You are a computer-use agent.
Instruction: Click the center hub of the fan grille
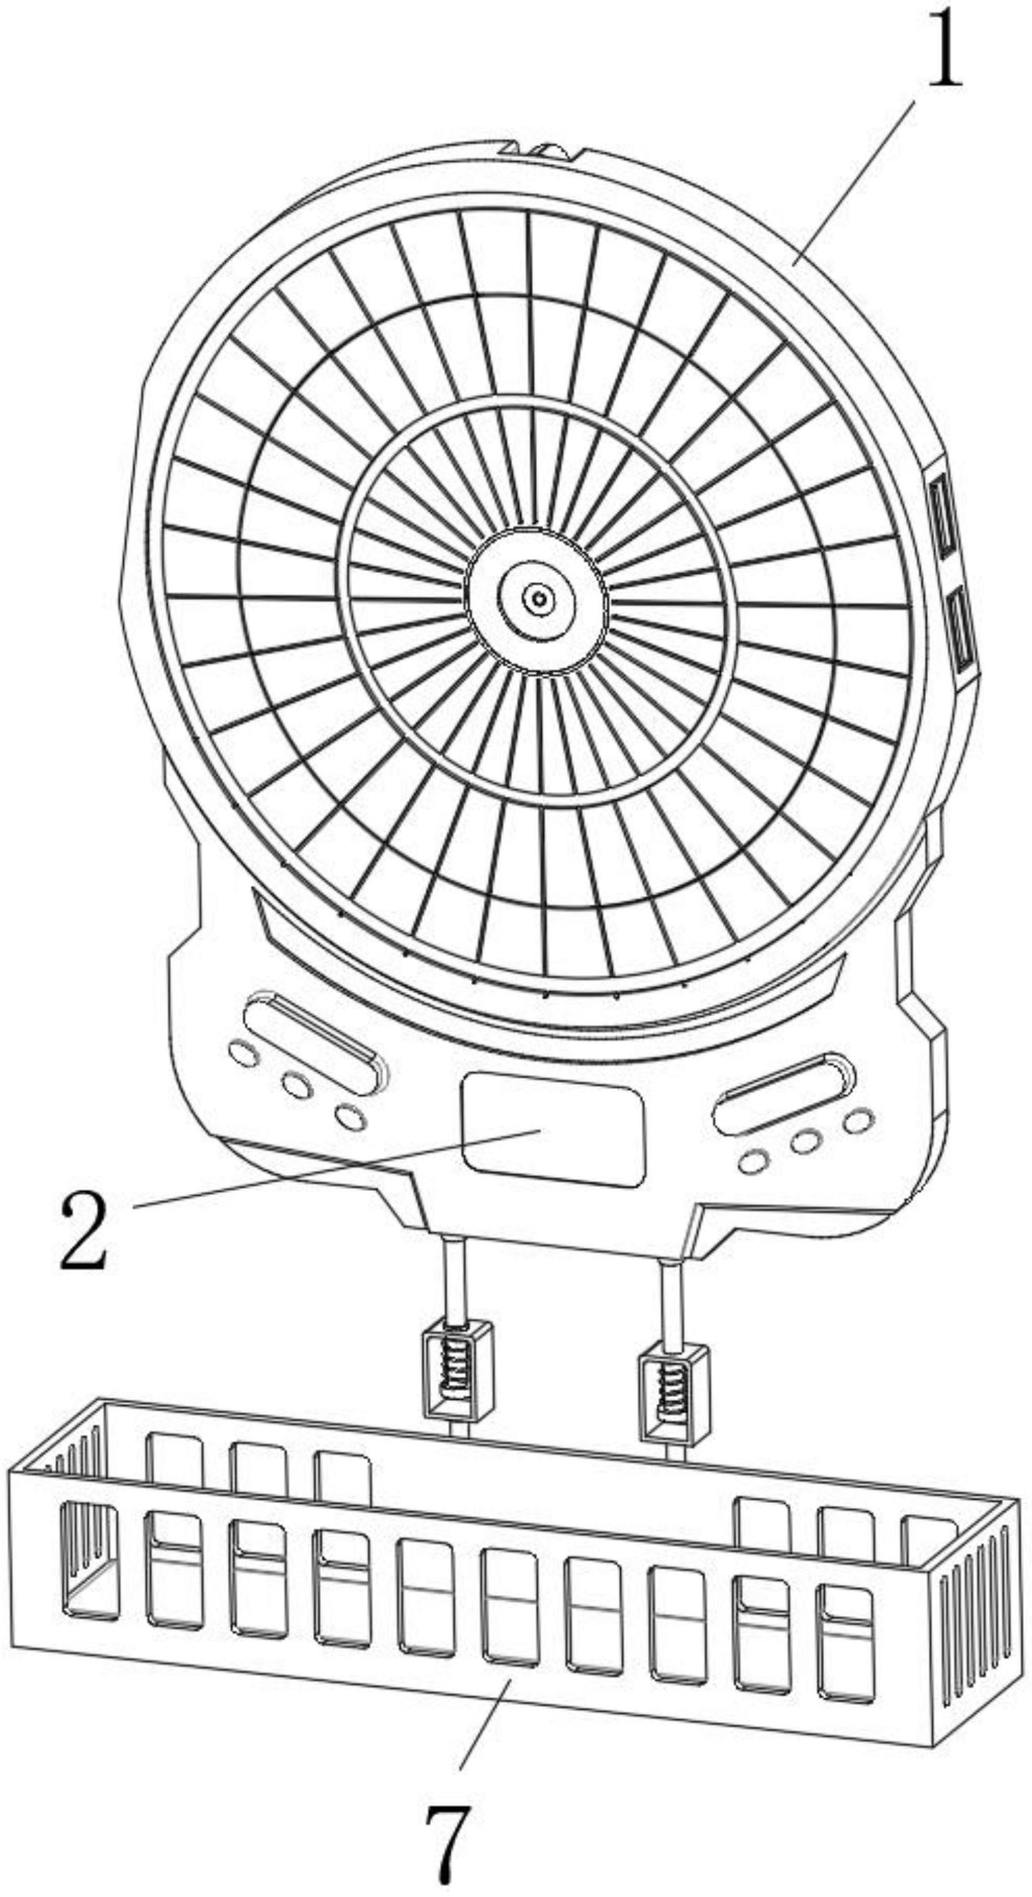point(538,598)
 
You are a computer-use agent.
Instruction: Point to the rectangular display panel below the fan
point(552,1129)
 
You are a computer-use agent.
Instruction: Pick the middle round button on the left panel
point(296,1084)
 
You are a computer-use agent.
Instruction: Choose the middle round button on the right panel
point(807,1141)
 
